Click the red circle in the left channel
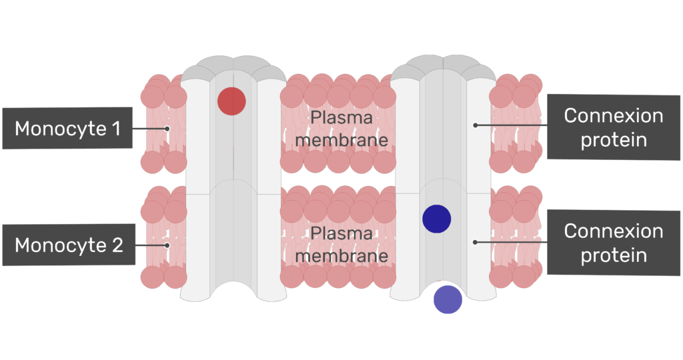pos(231,101)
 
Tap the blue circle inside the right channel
pos(437,219)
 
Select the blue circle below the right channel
pos(448,299)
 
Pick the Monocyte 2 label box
pos(69,245)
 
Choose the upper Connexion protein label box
pos(614,127)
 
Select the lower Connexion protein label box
pos(614,243)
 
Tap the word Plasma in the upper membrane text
pos(341,118)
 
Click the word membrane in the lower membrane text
pos(341,256)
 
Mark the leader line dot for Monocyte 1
pos(167,129)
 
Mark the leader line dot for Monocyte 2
pos(167,245)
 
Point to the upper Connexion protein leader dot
pos(475,125)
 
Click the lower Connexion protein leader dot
pos(475,242)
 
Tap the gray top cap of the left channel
pos(233,65)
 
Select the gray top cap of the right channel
pos(443,65)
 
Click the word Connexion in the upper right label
pos(614,116)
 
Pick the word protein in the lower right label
pos(614,255)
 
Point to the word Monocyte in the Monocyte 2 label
pos(59,245)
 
